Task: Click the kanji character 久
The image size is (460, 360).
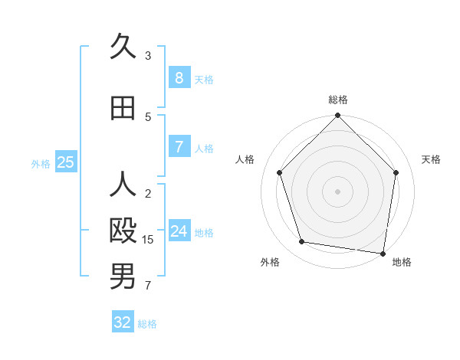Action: [x=123, y=47]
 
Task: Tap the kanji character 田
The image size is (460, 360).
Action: [x=123, y=108]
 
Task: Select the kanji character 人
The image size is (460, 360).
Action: [x=123, y=185]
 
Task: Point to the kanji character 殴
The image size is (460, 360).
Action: [x=123, y=231]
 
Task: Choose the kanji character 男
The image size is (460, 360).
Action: [x=123, y=277]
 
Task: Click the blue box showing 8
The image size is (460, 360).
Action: [x=179, y=78]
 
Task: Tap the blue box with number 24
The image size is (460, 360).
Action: [x=179, y=231]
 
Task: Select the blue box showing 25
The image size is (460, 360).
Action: [x=65, y=162]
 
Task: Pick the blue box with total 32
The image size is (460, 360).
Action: [x=123, y=322]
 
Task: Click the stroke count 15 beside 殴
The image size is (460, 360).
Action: [x=148, y=240]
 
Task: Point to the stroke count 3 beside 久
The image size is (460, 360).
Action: [x=148, y=56]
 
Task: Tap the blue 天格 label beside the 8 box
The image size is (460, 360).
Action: [x=204, y=80]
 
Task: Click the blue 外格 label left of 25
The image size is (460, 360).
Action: [x=41, y=163]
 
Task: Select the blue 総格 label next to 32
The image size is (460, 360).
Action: [x=147, y=324]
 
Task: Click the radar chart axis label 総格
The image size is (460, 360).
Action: [x=338, y=100]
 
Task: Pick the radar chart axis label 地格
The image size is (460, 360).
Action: [x=402, y=262]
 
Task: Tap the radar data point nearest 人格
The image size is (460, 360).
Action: [x=280, y=172]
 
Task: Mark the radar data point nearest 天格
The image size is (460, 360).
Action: [x=396, y=172]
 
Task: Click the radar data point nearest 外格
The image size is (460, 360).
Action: [x=302, y=242]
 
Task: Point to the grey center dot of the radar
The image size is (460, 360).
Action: [x=337, y=191]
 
